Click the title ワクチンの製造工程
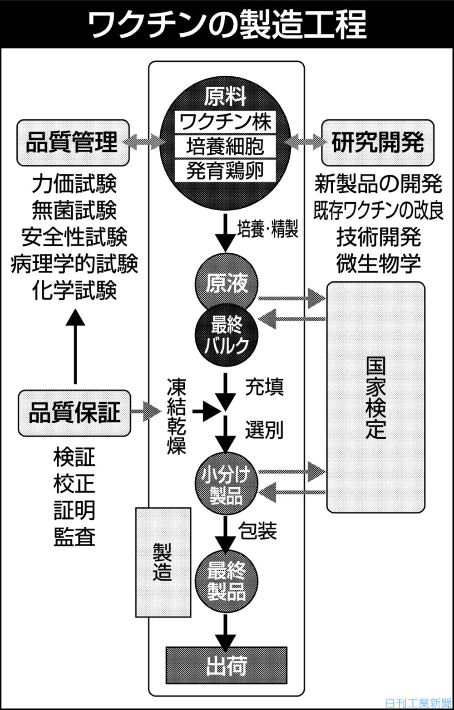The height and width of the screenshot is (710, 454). click(227, 24)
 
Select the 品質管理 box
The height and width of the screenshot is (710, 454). click(72, 142)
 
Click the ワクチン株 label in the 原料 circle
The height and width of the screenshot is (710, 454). click(226, 122)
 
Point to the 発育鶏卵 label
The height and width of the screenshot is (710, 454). click(226, 171)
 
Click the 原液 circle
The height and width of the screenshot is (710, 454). click(226, 285)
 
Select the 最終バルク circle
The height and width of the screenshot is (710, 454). click(226, 335)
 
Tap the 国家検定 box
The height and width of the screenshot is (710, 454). click(376, 397)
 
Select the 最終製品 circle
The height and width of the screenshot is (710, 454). click(226, 582)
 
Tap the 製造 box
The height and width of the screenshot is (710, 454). click(163, 562)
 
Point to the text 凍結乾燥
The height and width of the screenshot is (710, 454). click(176, 416)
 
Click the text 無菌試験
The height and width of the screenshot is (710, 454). click(74, 210)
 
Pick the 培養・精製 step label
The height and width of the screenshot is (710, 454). click(268, 230)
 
